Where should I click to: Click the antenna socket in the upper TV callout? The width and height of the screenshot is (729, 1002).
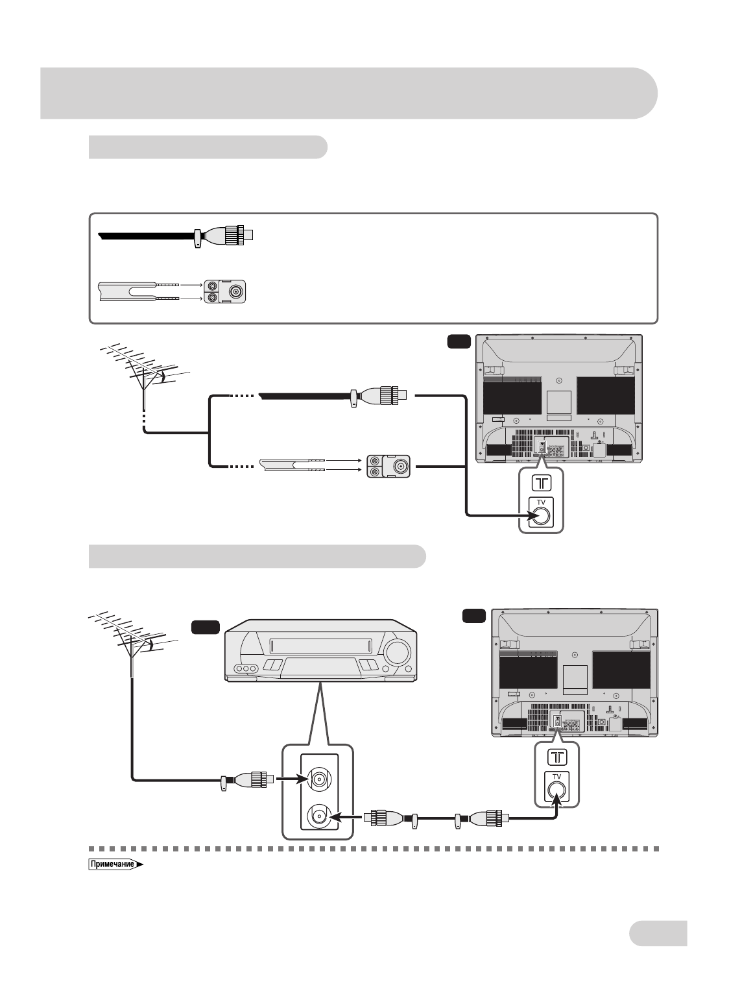[541, 517]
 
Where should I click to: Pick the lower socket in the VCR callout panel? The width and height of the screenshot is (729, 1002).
[319, 817]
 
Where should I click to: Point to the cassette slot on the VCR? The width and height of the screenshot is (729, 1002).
[320, 646]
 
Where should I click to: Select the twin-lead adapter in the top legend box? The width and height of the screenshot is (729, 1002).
[225, 291]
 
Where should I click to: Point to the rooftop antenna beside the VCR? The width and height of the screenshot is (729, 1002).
[133, 642]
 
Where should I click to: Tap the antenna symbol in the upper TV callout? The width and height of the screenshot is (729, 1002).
[542, 483]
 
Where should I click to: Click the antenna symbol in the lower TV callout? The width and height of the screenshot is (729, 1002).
[557, 757]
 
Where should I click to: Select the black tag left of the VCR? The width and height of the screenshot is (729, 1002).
[205, 627]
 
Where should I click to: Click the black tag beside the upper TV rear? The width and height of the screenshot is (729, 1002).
[459, 342]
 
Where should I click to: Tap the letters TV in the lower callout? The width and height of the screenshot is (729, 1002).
[556, 777]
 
